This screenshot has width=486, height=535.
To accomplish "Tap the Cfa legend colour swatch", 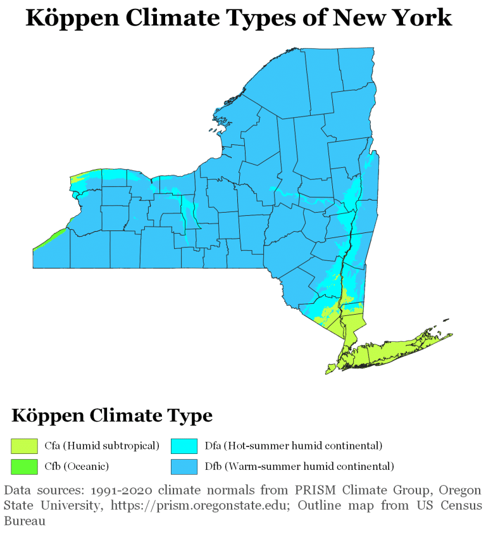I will pyautogui.click(x=21, y=446).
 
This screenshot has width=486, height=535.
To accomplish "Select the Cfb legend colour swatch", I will pyautogui.click(x=21, y=466).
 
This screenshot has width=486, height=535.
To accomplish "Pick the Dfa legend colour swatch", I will pyautogui.click(x=180, y=446).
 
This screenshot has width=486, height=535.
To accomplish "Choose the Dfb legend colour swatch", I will pyautogui.click(x=180, y=466).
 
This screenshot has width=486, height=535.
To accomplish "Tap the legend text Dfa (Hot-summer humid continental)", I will pyautogui.click(x=293, y=446).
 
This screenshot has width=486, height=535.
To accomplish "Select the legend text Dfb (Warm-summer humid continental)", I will pyautogui.click(x=299, y=466).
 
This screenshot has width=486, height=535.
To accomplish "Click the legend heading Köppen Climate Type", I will pyautogui.click(x=111, y=416).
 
